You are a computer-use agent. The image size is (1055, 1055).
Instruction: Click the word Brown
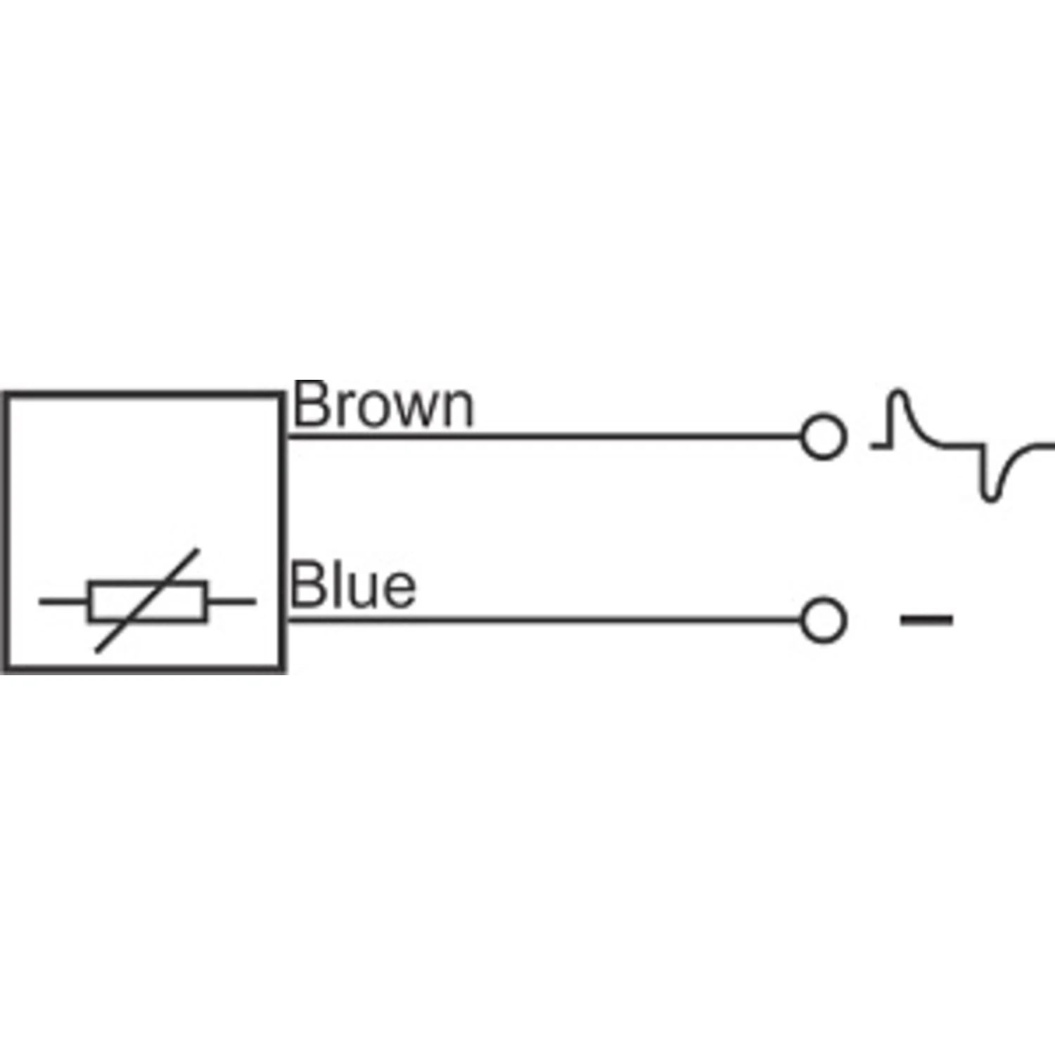[x=383, y=404]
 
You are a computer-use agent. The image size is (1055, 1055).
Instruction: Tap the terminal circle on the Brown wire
[x=822, y=437]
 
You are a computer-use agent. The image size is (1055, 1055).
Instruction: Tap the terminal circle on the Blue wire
[x=822, y=620]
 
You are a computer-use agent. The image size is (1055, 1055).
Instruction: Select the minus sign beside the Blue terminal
[x=927, y=620]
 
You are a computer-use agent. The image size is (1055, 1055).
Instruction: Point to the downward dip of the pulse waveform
[x=990, y=498]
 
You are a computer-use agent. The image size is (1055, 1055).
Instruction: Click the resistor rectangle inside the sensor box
[x=148, y=601]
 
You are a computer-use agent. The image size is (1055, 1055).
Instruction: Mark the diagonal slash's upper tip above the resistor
[x=198, y=549]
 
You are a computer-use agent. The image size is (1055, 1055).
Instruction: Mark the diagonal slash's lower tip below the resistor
[x=97, y=651]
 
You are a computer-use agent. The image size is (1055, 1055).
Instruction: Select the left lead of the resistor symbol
[x=63, y=601]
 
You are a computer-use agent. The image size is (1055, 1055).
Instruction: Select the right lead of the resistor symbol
[x=231, y=601]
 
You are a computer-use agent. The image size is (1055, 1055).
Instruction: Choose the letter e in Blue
[x=399, y=592]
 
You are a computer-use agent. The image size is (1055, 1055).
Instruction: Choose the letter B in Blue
[x=307, y=585]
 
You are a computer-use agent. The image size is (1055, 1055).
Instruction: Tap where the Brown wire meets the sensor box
[x=286, y=437]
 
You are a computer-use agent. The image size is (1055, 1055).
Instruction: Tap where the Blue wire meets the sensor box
[x=286, y=620]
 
